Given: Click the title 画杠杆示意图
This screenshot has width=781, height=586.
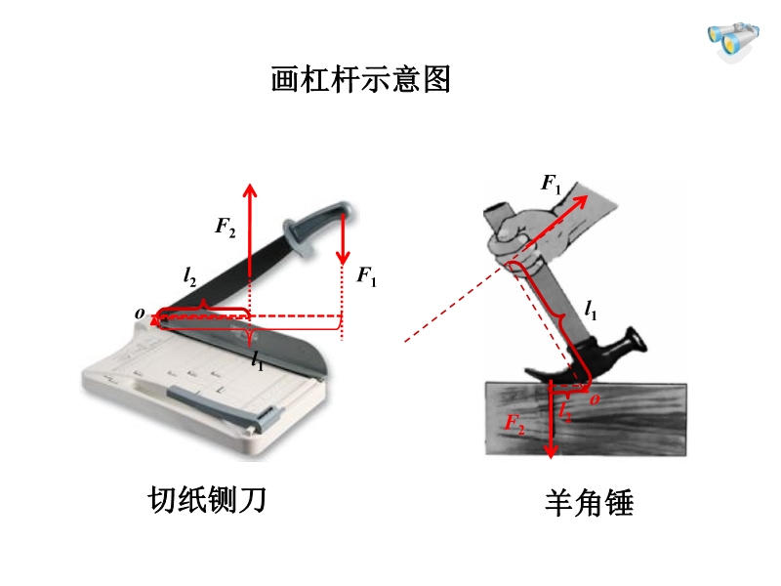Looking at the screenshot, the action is click(x=360, y=79).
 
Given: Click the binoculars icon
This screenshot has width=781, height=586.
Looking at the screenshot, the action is click(x=733, y=41).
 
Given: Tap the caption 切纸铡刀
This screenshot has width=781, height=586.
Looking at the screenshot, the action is click(x=207, y=499).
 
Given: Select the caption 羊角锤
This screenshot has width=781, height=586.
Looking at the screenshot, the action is click(x=590, y=502).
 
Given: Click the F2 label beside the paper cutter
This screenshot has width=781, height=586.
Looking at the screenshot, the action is click(x=226, y=228).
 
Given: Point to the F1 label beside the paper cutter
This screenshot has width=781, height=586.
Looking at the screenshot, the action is click(x=366, y=275).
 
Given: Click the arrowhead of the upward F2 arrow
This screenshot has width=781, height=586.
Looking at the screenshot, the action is click(x=250, y=190).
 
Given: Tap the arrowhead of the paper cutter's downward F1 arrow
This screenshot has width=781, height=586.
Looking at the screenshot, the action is click(x=343, y=257).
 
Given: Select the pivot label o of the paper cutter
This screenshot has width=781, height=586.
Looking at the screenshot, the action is click(x=140, y=314).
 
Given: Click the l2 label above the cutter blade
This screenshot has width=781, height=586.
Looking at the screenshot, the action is click(x=189, y=275).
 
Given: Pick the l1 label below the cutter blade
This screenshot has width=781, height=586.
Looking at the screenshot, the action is click(x=257, y=359).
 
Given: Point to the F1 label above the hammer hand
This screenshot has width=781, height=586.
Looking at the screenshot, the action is click(x=551, y=184).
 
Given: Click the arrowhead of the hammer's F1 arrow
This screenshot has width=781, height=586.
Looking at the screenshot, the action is click(x=581, y=201).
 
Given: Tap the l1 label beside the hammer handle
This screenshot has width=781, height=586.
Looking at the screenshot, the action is click(x=591, y=310).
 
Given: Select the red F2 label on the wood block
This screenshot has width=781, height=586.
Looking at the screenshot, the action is click(x=514, y=424).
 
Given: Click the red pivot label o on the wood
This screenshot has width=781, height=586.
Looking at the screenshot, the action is click(x=595, y=399).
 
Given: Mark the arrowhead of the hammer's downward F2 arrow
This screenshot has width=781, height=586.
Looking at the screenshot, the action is click(x=551, y=450).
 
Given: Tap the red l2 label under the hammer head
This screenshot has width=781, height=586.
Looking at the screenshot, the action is click(x=565, y=411).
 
